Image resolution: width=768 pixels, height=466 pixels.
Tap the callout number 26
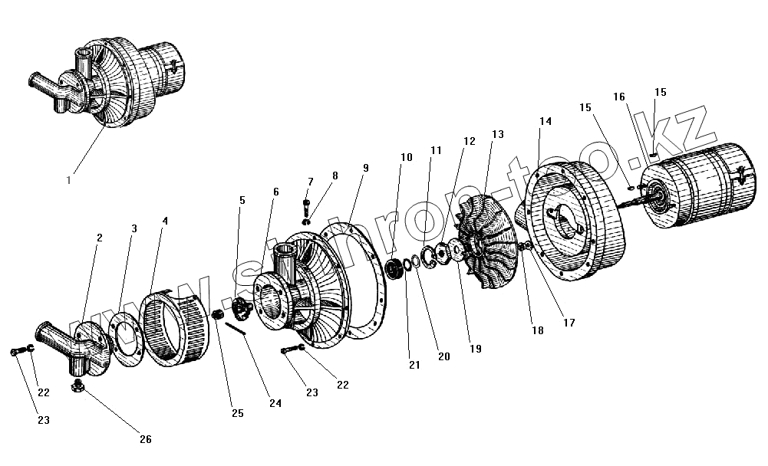[145, 439]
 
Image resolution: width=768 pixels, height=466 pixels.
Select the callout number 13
[497, 134]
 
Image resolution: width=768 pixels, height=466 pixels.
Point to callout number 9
[365, 167]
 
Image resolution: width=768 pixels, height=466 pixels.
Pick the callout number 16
[619, 97]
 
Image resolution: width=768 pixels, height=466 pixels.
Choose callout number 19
[475, 349]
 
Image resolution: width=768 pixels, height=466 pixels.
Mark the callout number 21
[414, 365]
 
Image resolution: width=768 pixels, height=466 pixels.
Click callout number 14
[546, 122]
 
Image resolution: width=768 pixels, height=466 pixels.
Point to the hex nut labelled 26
[78, 387]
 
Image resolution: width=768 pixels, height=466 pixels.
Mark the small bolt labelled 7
[306, 206]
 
